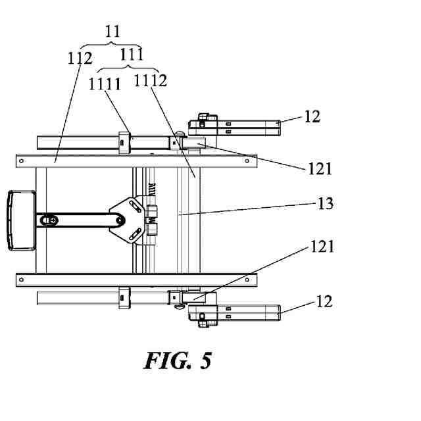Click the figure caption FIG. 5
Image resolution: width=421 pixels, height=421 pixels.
click(x=178, y=360)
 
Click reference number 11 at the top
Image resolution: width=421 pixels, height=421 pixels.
click(x=114, y=30)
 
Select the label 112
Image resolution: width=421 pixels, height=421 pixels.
click(x=80, y=59)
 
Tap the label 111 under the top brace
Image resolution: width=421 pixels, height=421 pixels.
click(x=132, y=55)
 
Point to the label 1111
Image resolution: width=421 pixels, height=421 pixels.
click(x=105, y=84)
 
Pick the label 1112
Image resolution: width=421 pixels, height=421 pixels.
click(x=151, y=81)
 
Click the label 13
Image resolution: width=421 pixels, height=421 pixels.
click(x=325, y=204)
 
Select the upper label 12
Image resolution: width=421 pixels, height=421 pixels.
click(x=312, y=116)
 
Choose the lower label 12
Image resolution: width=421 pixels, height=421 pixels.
click(x=324, y=301)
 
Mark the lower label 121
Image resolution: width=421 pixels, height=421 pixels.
click(x=322, y=247)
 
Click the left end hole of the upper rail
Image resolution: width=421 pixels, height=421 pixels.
click(x=22, y=160)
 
